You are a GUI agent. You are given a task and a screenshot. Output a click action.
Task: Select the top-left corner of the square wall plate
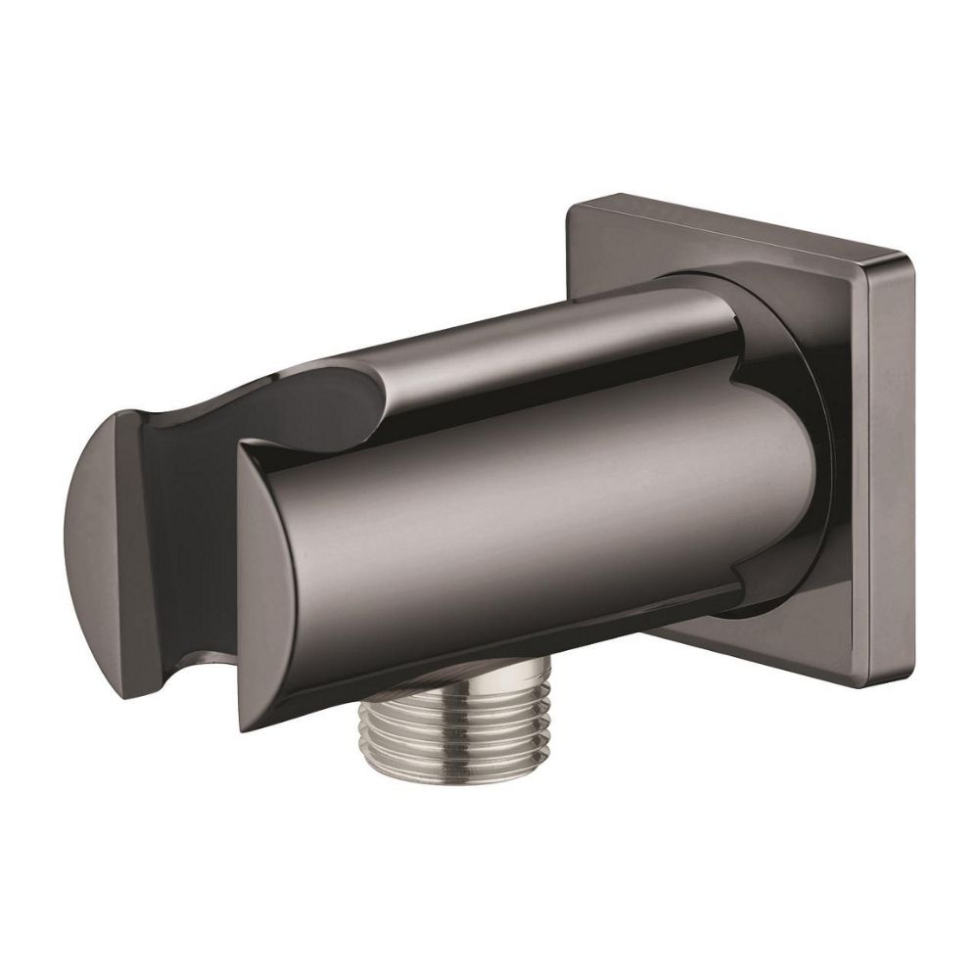[x=573, y=205]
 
